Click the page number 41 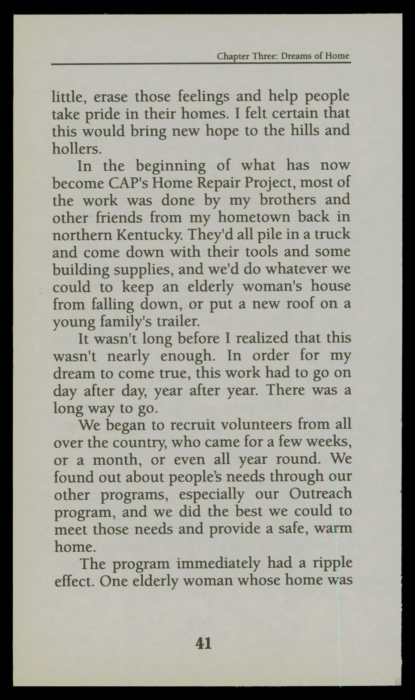point(203,643)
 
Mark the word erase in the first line point(110,97)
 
